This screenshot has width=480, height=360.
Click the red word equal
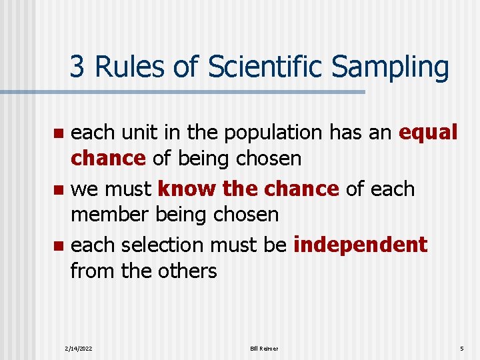pos(428,133)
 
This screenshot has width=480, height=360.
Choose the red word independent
pos(360,245)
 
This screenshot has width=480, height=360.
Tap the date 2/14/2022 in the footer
pos(79,349)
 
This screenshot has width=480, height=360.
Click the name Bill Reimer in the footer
pos(264,349)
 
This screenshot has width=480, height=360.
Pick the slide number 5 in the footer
pos(461,349)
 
